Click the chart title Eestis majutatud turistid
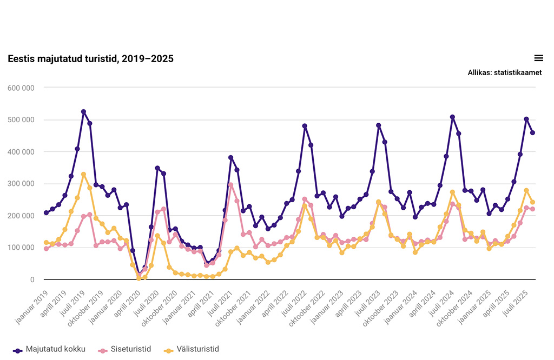[x=90, y=59]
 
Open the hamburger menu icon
[x=538, y=58]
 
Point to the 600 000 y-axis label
[x=21, y=88]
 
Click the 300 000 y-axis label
[x=21, y=184]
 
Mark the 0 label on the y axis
[x=32, y=279]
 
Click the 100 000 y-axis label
[x=21, y=248]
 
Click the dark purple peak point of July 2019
[x=84, y=112]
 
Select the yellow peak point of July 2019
[x=84, y=174]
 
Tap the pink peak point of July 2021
[x=230, y=185]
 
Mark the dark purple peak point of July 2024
[x=452, y=117]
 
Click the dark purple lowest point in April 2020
[x=139, y=275]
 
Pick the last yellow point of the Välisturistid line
[x=532, y=202]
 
